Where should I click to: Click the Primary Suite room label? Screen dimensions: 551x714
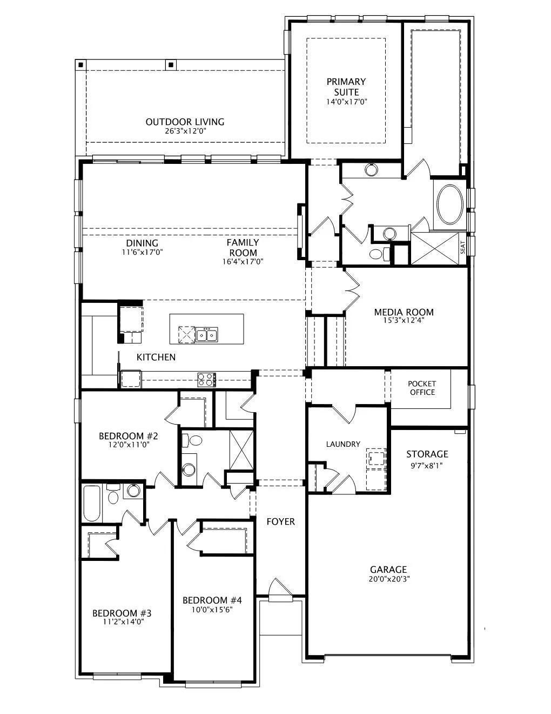346,87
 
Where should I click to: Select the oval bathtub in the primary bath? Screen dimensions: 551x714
450,204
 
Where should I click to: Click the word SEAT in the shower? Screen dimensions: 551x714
463,247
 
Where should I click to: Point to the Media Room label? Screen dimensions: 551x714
404,312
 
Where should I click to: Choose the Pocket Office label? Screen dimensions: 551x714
422,388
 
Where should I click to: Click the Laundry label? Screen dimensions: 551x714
343,444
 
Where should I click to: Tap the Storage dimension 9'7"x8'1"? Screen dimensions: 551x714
426,466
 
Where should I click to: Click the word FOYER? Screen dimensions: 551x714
280,521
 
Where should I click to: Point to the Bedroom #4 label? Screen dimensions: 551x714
212,600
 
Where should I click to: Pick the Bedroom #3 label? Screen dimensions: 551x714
122,613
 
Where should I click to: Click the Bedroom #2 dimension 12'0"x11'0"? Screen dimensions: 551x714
129,445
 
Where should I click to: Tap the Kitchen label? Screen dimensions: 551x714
156,357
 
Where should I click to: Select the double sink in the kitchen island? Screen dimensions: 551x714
207,334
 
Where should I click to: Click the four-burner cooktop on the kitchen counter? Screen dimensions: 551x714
206,379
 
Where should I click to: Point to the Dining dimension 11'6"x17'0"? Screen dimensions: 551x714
143,252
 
